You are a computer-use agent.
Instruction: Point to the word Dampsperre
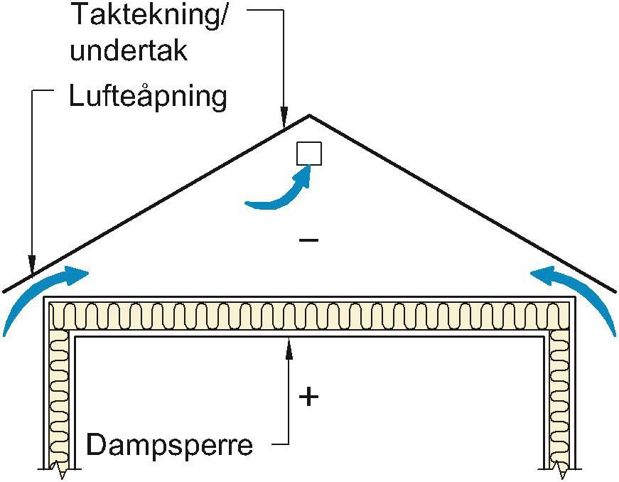[169, 445]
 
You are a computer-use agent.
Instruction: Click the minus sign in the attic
[308, 240]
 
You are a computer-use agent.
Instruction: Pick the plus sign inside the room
[308, 397]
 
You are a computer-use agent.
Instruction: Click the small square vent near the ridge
[309, 154]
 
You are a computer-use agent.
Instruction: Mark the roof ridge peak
[308, 115]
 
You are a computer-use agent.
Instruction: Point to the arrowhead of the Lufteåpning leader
[32, 269]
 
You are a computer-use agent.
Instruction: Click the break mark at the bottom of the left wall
[60, 470]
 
